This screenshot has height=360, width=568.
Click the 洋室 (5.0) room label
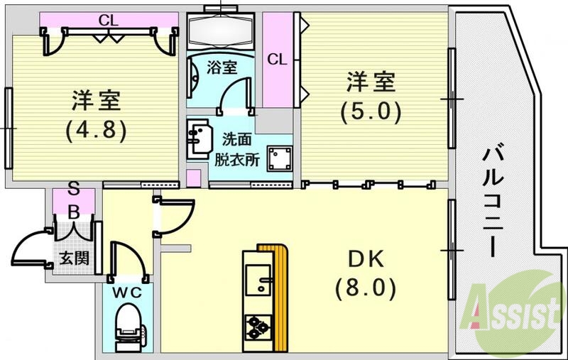point(370,96)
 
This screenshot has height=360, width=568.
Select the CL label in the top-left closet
point(108,20)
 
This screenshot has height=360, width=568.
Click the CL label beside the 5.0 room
point(277,60)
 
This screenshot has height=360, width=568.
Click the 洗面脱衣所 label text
point(237,148)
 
